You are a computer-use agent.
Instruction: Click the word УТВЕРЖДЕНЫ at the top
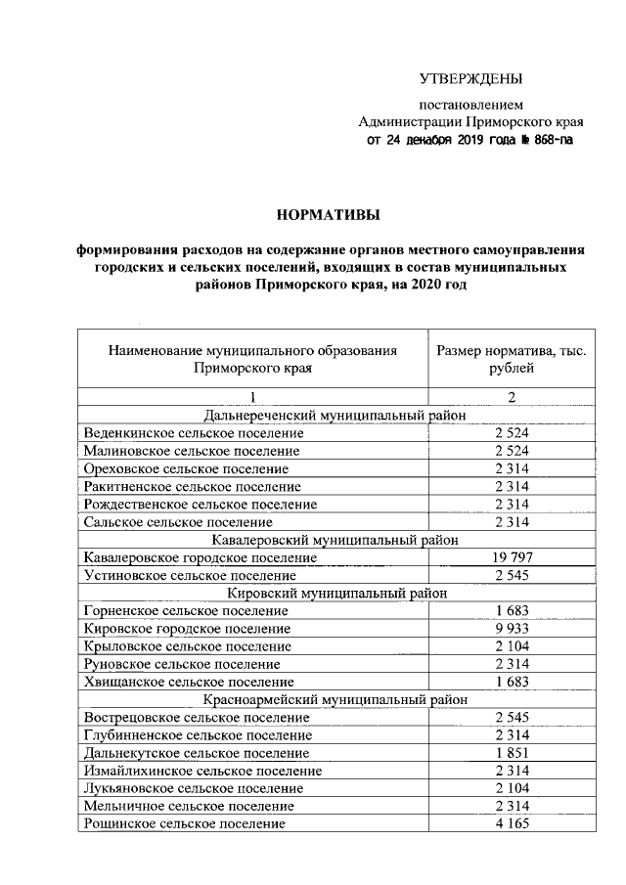(x=471, y=77)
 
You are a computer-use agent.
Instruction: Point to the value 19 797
(x=512, y=557)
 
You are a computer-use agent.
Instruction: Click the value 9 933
(x=512, y=628)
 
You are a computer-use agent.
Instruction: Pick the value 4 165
(x=512, y=824)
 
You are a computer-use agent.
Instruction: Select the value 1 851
(x=512, y=753)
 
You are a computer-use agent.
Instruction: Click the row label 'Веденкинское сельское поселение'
(x=194, y=432)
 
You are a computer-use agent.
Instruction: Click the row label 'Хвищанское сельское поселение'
(x=189, y=682)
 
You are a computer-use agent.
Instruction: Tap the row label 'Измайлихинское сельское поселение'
(x=202, y=771)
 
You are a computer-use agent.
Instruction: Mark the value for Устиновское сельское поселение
(x=512, y=575)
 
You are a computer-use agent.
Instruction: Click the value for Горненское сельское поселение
(x=512, y=610)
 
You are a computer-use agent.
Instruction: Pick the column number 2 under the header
(x=512, y=397)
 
